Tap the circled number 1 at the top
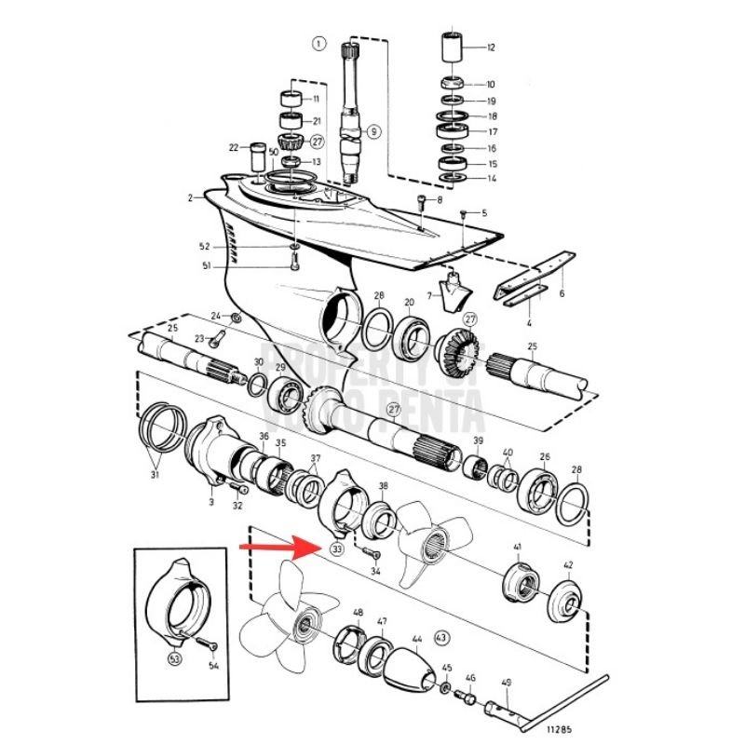tap(319, 43)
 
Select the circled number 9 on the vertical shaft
tap(372, 132)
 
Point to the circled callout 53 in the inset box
tap(174, 658)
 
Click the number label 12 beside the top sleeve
tap(491, 47)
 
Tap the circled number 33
tap(336, 549)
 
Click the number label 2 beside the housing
tap(190, 197)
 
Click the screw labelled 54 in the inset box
tap(204, 643)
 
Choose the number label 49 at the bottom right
tap(507, 683)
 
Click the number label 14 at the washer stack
tap(491, 178)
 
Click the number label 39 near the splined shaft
tap(478, 440)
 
